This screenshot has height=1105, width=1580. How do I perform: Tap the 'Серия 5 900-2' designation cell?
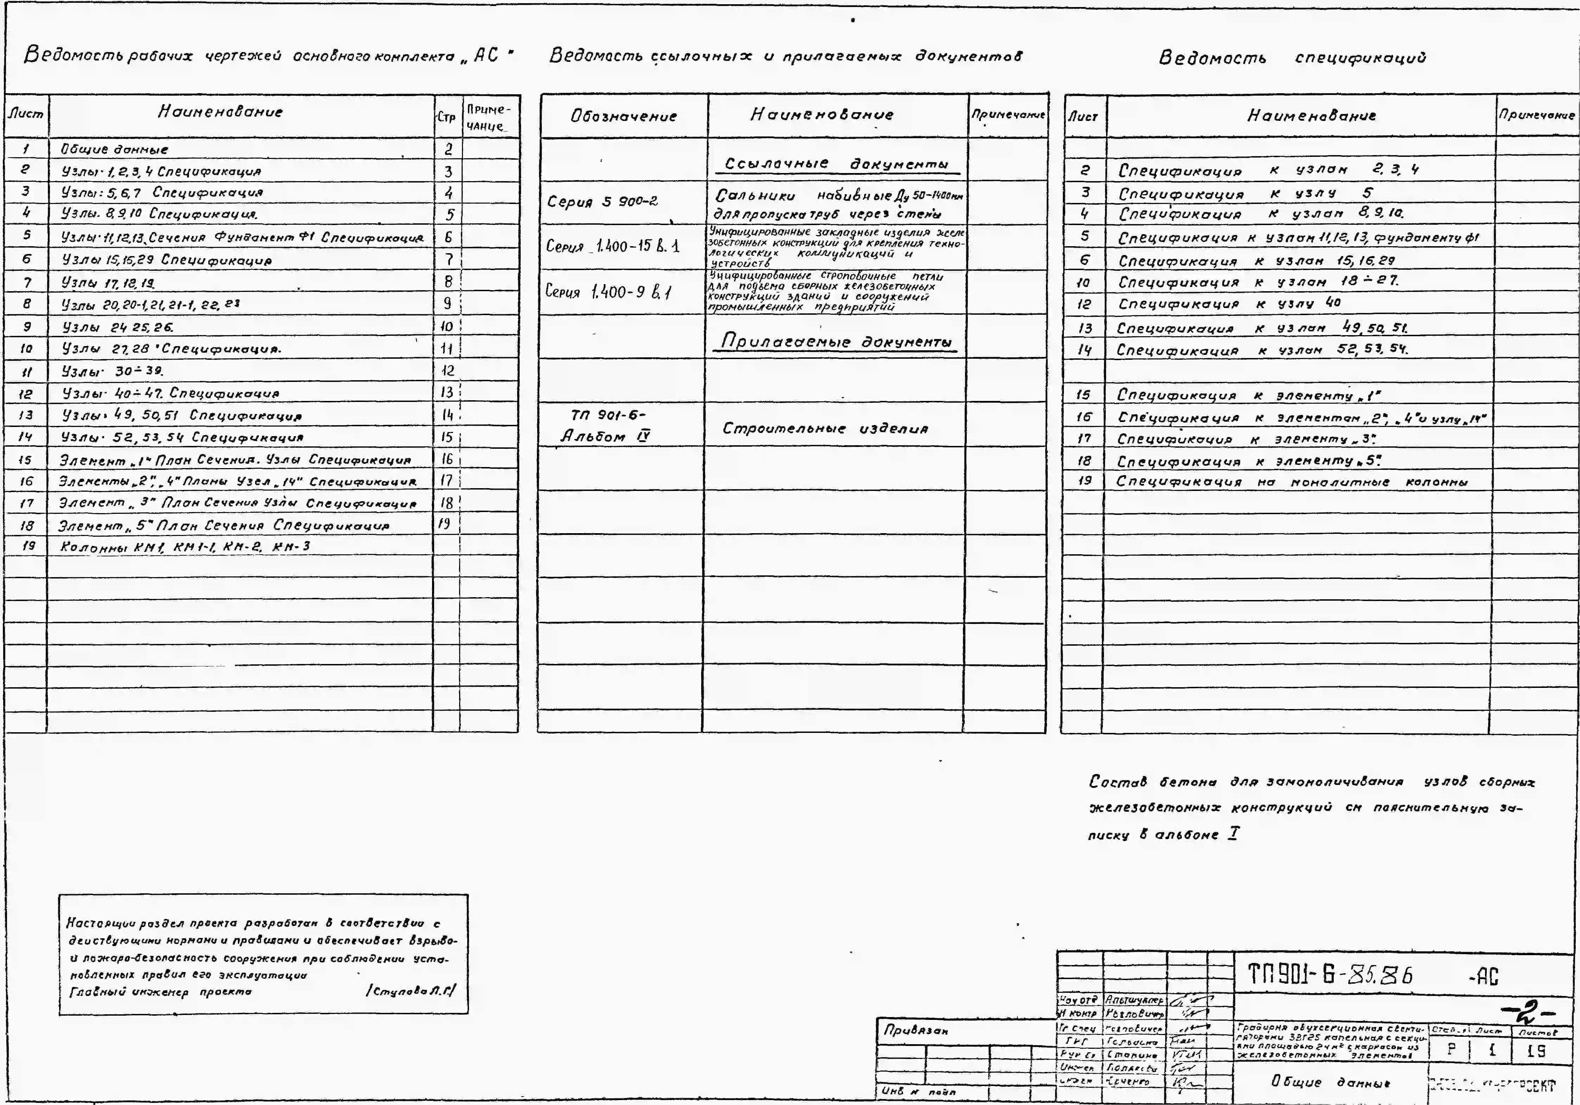click(x=602, y=202)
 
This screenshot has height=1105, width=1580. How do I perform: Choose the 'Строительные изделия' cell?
click(x=824, y=429)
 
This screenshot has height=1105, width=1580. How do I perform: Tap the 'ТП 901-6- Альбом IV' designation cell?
click(x=605, y=425)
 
